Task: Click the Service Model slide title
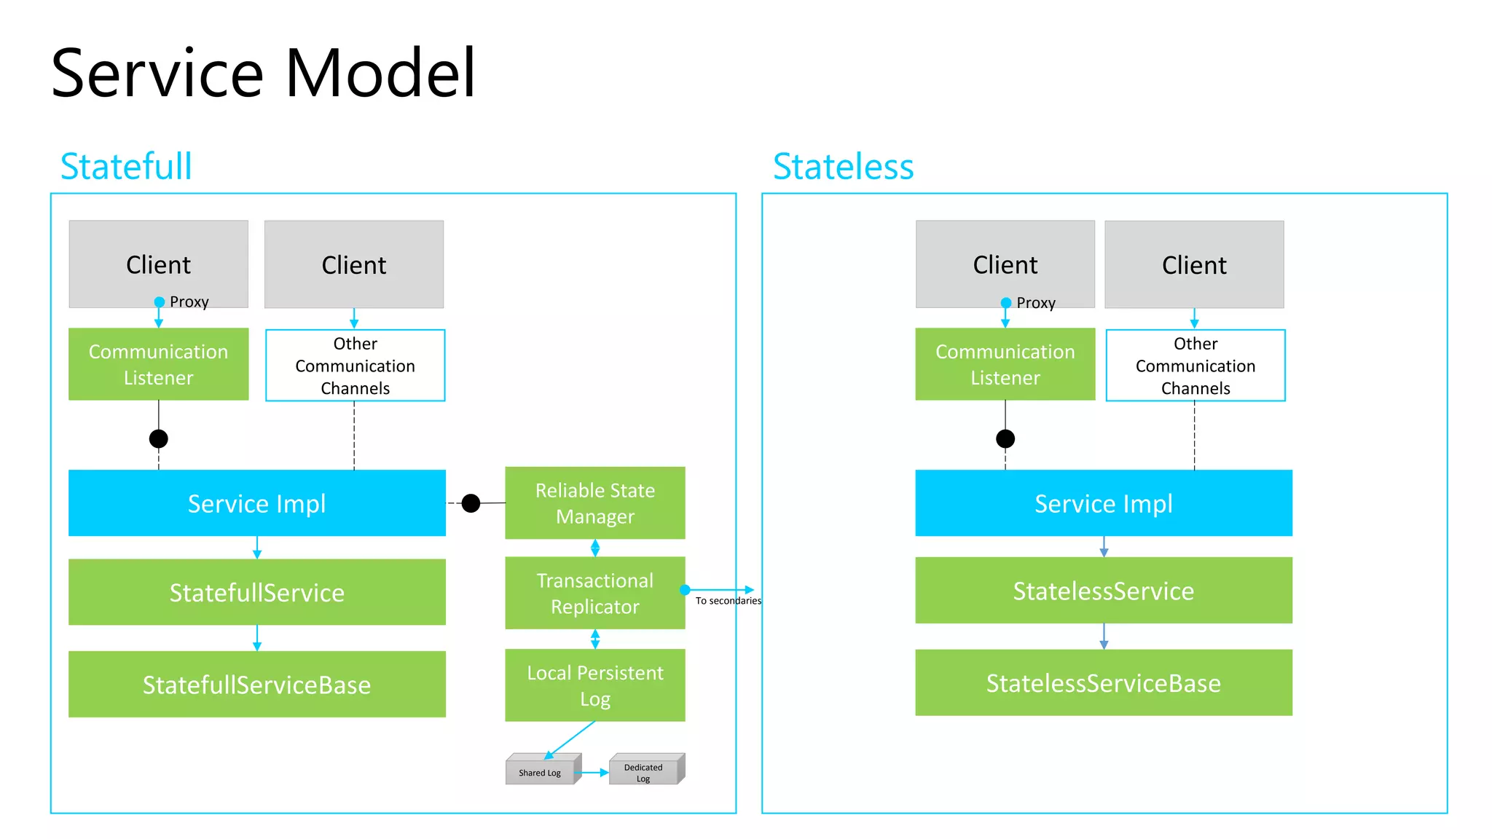263,73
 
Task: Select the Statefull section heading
126,166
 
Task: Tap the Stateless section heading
843,166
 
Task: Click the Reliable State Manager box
594,503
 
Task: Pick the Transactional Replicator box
594,593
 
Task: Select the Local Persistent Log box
594,685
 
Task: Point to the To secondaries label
728,601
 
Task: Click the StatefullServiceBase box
256,685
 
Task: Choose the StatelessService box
1103,591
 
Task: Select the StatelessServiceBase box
1103,683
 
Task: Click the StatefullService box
256,592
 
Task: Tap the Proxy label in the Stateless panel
1035,303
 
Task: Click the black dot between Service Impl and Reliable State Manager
471,503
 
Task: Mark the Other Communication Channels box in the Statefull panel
355,366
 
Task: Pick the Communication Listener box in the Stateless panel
1005,364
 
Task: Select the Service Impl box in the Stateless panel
1103,503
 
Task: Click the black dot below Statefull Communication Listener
158,438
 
